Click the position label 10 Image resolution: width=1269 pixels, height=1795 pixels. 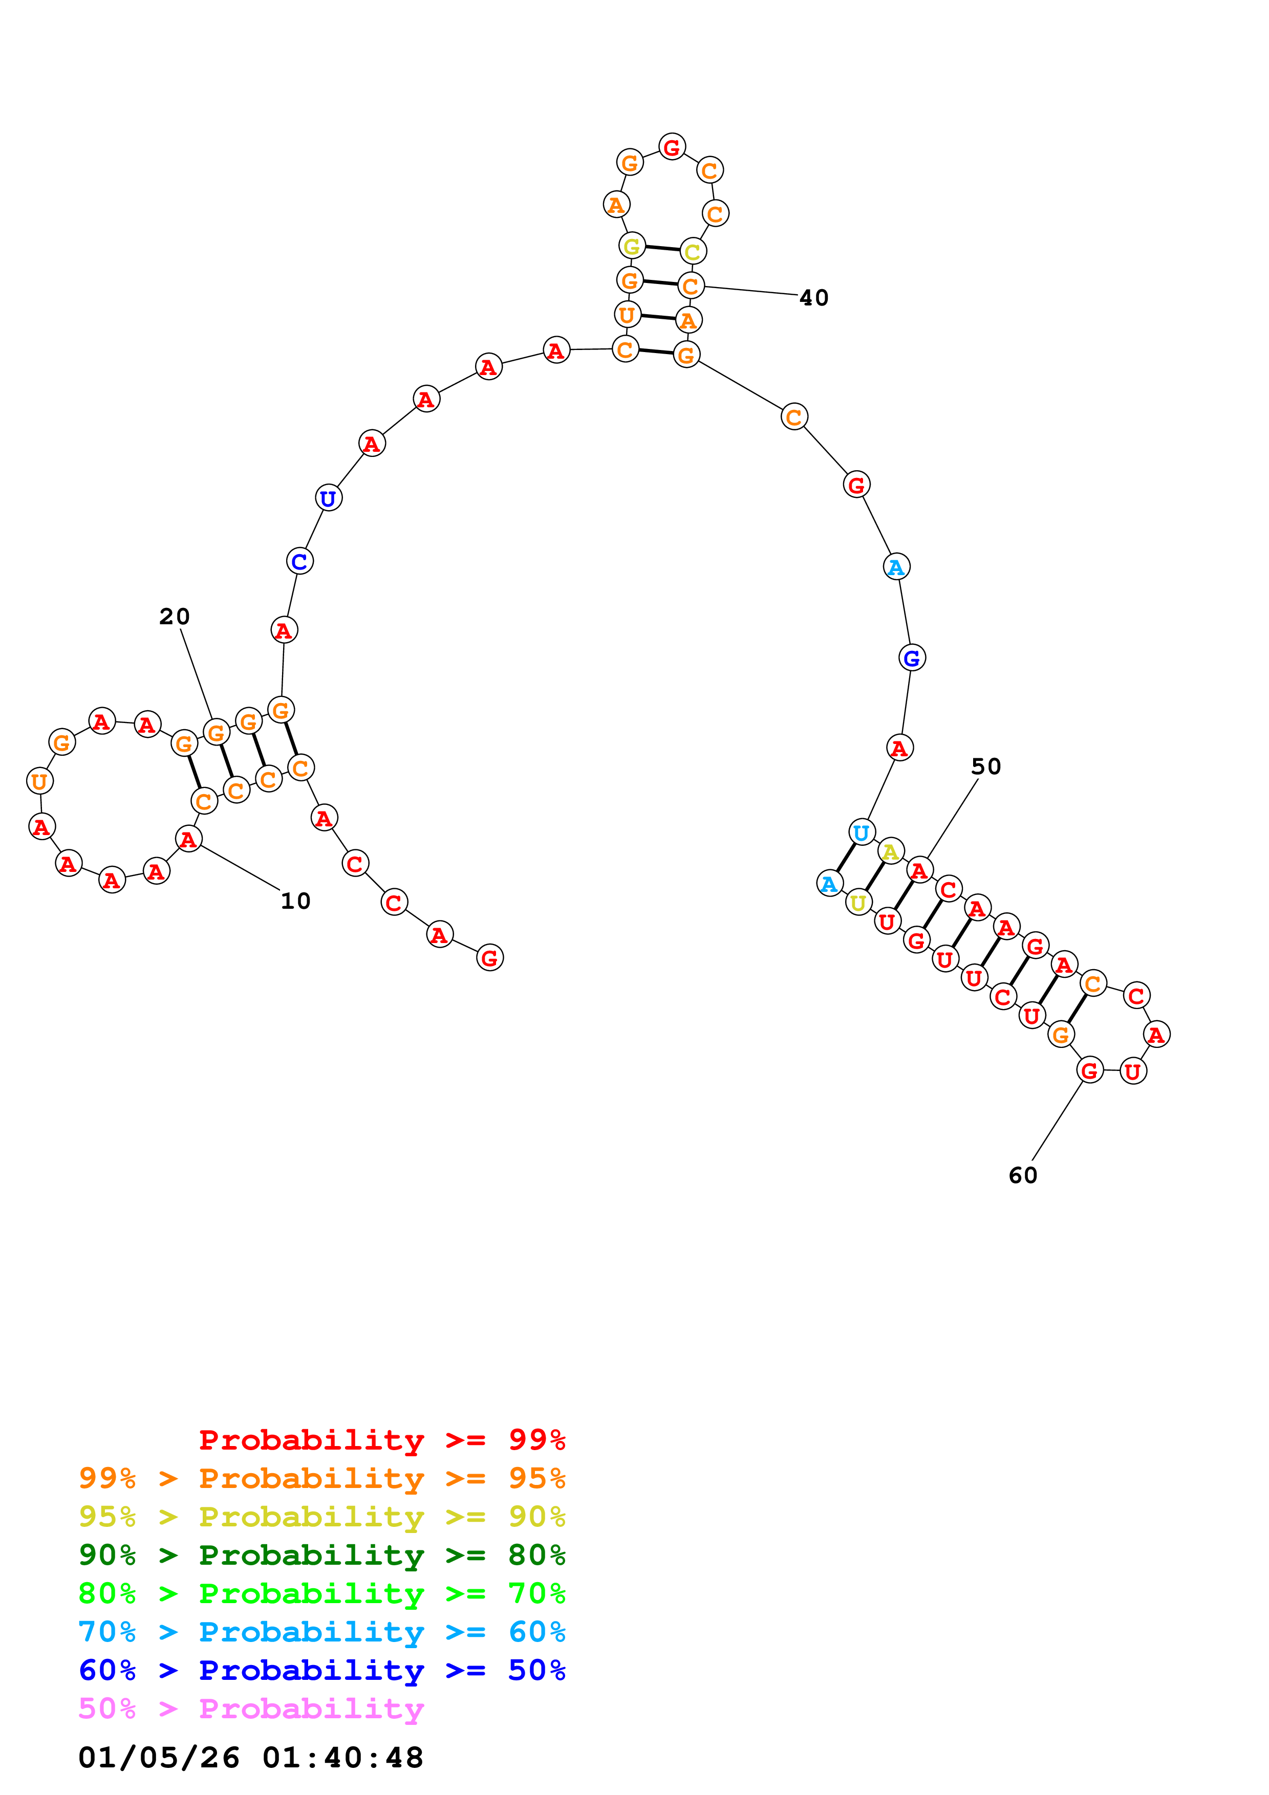tap(295, 902)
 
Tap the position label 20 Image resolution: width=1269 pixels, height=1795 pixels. tap(175, 617)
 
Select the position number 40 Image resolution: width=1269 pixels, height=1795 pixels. tap(814, 298)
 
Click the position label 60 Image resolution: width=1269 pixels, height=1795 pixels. tap(1023, 1176)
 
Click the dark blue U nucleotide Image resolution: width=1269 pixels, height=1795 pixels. tap(329, 498)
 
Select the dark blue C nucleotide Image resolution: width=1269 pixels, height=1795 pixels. tap(299, 561)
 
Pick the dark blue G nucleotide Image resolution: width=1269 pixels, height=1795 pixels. tap(912, 658)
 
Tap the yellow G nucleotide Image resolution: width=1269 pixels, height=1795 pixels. tap(632, 246)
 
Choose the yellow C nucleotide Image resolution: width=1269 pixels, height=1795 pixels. tap(693, 252)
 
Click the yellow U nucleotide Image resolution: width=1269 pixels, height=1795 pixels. tap(858, 903)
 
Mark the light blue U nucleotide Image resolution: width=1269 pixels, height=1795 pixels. tap(861, 833)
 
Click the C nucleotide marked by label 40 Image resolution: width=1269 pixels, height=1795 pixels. tap(691, 286)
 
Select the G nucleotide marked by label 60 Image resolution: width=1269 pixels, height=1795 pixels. tap(1090, 1070)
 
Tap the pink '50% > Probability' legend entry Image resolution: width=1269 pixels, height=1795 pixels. tap(251, 1709)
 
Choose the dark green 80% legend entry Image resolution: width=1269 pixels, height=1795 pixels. tap(321, 1556)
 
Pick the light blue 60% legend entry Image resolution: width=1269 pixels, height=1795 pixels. tap(321, 1632)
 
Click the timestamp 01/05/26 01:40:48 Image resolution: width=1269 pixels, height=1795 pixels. tap(250, 1758)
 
